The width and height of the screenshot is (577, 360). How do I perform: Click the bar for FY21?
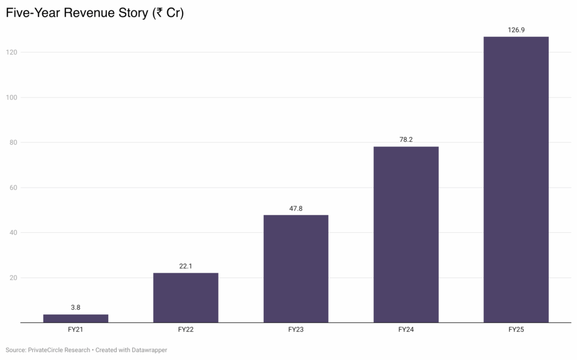click(x=76, y=318)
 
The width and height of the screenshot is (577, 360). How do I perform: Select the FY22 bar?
click(x=186, y=297)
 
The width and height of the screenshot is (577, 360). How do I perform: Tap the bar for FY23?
click(x=296, y=269)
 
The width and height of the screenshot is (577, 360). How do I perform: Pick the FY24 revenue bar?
click(x=406, y=234)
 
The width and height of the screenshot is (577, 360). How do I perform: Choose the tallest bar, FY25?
click(x=516, y=180)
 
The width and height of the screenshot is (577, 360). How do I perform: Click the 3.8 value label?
click(x=76, y=308)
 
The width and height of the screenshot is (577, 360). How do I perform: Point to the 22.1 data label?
click(x=185, y=266)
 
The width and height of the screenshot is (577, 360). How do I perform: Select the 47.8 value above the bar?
click(x=296, y=208)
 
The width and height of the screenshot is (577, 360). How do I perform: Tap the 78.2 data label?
click(x=406, y=140)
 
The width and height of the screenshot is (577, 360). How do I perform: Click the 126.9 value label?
click(x=516, y=30)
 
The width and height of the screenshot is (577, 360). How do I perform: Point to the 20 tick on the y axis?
click(x=14, y=278)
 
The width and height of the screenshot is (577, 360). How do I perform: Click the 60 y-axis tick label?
click(x=14, y=188)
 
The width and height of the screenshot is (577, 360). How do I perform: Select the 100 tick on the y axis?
click(x=11, y=97)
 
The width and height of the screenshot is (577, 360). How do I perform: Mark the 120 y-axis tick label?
click(x=11, y=52)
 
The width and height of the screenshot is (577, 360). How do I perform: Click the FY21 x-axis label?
click(x=76, y=330)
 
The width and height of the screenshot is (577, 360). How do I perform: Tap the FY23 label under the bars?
click(x=296, y=330)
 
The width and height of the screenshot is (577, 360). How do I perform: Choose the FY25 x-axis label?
click(x=516, y=330)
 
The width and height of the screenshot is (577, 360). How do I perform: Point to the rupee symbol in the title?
click(x=159, y=13)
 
